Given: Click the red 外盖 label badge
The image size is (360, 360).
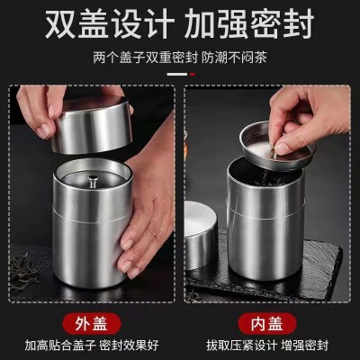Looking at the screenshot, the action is coord(92,323).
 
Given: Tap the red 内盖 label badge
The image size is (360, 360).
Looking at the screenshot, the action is coord(267,323).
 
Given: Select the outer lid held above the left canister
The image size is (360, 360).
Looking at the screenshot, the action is coord(93,126).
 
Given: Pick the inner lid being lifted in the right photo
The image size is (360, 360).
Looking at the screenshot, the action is coord(277,147).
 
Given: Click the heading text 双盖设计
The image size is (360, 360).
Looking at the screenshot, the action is coord(110,23).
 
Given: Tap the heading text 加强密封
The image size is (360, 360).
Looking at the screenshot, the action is coord(249,23).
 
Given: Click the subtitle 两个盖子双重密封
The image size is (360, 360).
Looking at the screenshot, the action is coord(145,58).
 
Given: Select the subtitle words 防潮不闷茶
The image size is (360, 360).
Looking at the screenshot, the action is coord(234,58).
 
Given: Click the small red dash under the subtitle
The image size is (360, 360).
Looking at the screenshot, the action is coord(193,74).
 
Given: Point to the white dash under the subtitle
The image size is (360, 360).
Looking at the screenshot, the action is coord(177,74).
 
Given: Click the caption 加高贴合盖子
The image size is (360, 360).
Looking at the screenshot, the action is coord(60,346).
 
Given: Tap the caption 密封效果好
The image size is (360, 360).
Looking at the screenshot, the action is coord(129,346).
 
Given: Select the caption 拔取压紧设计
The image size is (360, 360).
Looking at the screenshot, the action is coord(241,346).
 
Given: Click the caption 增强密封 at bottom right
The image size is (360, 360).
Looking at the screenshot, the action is coord(305,346).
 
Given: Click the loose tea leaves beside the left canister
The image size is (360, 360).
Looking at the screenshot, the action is coord(23,272).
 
